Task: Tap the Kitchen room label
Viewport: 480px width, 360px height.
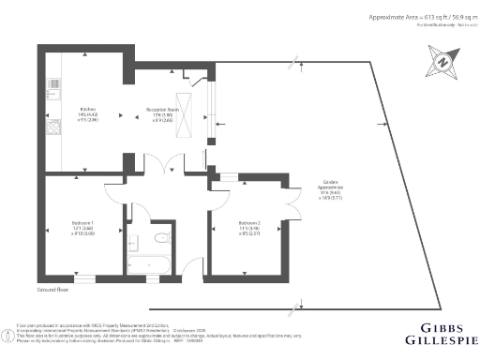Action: [x=87, y=113]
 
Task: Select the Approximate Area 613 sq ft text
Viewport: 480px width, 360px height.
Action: [x=420, y=17]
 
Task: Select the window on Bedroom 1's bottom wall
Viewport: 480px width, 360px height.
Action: [x=84, y=278]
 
